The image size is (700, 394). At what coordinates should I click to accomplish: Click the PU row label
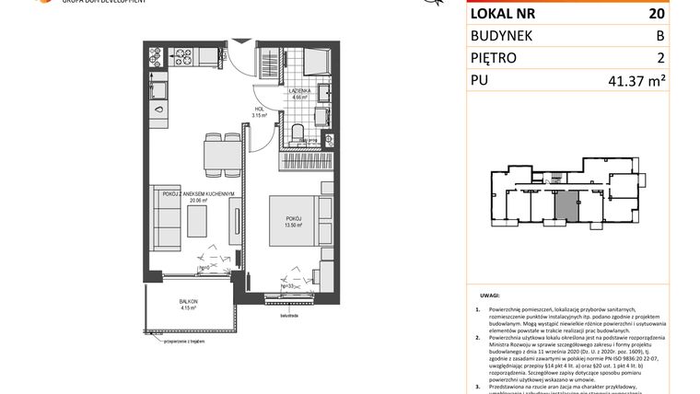(483, 81)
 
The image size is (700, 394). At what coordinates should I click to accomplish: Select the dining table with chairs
(214, 148)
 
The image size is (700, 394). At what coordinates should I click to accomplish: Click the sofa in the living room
(167, 220)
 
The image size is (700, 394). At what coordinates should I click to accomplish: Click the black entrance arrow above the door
(241, 40)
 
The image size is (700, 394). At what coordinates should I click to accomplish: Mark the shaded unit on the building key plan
(570, 203)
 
